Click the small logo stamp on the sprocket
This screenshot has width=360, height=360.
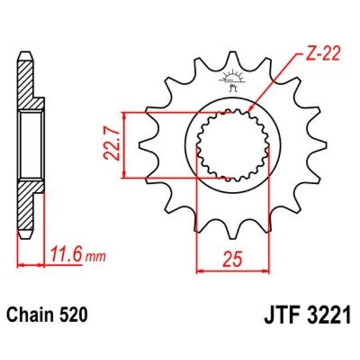pyautogui.click(x=232, y=81)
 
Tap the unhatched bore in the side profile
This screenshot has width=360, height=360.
pyautogui.click(x=31, y=145)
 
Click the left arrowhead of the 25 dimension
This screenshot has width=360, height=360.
pyautogui.click(x=199, y=271)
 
